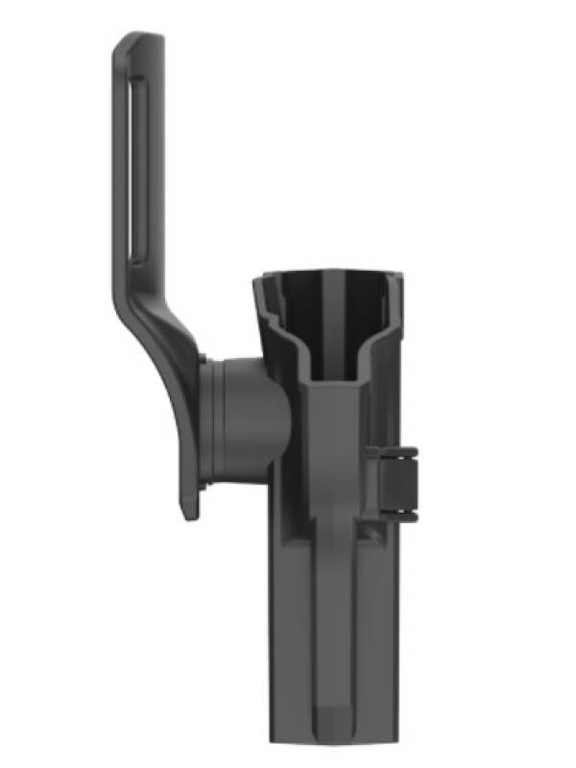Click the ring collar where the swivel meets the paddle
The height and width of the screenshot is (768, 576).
point(214,422)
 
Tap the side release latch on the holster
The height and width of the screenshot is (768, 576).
point(400,485)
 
